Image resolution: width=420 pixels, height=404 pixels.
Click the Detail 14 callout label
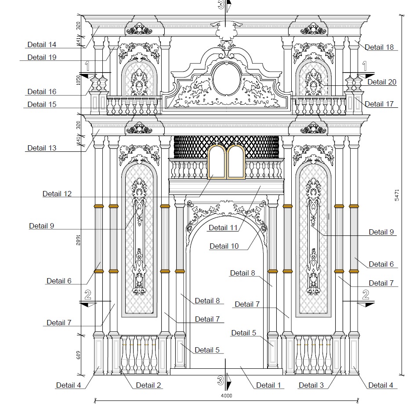tap(42, 44)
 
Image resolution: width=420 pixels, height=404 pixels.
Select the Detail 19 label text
tap(42, 57)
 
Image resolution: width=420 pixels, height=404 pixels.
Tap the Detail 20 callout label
tap(381, 82)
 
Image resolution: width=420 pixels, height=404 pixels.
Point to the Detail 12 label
tap(57, 194)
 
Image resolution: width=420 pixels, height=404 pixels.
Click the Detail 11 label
tap(223, 228)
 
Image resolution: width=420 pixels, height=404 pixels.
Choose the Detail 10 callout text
tap(224, 246)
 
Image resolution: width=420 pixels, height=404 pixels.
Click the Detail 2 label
tap(148, 385)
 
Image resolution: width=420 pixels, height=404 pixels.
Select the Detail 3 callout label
tap(311, 385)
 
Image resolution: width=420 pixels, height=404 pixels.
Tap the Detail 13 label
tap(42, 148)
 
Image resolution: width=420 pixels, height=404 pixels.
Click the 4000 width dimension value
tap(226, 396)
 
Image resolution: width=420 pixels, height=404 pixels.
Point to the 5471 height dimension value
tap(397, 195)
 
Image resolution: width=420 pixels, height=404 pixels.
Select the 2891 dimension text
tap(79, 240)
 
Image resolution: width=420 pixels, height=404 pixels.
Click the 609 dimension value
tap(79, 355)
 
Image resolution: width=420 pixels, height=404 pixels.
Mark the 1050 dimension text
tap(79, 79)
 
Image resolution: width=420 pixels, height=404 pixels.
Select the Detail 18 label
tap(379, 48)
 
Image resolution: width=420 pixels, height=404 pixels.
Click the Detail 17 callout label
tap(379, 104)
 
